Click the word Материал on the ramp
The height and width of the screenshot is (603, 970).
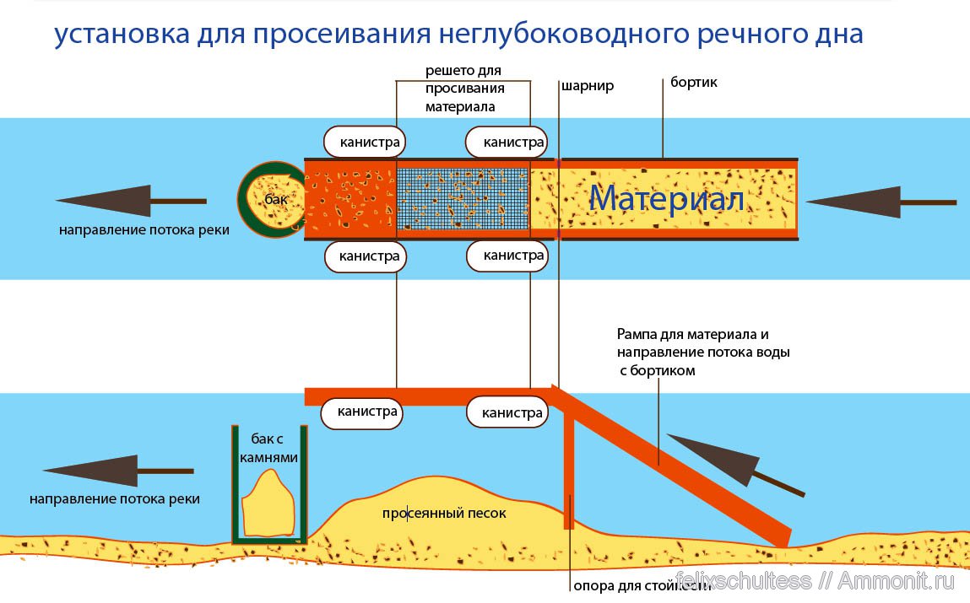point(666,199)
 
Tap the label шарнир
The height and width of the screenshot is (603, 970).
point(587,86)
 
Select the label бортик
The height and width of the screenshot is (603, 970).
point(694,83)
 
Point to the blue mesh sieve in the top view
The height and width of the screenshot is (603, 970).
point(463,200)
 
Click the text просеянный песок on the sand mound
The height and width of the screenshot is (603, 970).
point(443,512)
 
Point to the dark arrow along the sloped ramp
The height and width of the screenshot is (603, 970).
point(733,463)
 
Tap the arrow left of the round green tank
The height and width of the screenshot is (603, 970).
point(131,201)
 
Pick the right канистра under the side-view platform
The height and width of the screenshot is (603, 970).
point(507,412)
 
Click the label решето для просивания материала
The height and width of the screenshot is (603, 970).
point(464,89)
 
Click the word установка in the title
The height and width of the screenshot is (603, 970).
point(117,35)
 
